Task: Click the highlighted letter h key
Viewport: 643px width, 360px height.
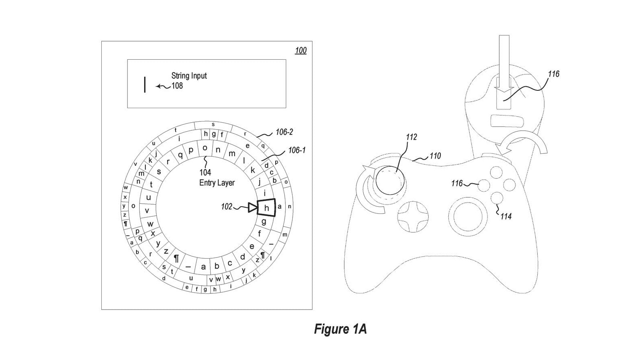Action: [x=266, y=208]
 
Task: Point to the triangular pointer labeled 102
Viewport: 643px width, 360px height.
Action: [x=252, y=208]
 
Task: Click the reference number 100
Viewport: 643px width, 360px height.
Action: [x=300, y=50]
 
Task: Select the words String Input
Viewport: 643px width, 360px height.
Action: [x=189, y=75]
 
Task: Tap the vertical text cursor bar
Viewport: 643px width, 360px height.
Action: [x=145, y=85]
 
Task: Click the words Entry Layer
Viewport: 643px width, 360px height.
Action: [x=217, y=183]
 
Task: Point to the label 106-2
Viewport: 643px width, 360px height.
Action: [x=284, y=132]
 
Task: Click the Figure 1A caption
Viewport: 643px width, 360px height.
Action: [x=340, y=329]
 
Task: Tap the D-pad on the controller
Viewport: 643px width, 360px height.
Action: [x=412, y=217]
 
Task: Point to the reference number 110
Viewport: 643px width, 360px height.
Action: [x=435, y=156]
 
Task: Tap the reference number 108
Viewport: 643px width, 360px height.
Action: [x=177, y=86]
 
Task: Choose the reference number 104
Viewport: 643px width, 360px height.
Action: [x=205, y=173]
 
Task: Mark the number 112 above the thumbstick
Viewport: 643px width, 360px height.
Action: [x=411, y=137]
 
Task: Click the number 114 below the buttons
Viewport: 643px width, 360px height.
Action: [x=506, y=217]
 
